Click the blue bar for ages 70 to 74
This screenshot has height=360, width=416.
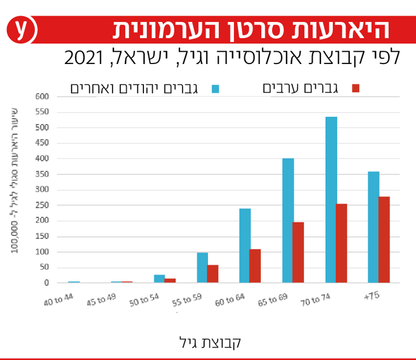pyautogui.click(x=331, y=199)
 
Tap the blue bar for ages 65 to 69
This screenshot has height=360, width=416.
pyautogui.click(x=288, y=220)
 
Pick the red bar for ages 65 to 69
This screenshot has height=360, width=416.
pyautogui.click(x=298, y=252)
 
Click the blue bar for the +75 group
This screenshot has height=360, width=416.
pyautogui.click(x=373, y=227)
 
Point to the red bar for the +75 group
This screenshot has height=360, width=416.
pyautogui.click(x=384, y=239)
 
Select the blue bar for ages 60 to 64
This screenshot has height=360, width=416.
pyautogui.click(x=245, y=245)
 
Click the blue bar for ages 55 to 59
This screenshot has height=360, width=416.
pyautogui.click(x=202, y=267)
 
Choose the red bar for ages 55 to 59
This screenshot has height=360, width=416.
pyautogui.click(x=212, y=274)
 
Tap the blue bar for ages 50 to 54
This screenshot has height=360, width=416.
pyautogui.click(x=159, y=279)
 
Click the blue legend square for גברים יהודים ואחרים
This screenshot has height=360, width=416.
pyautogui.click(x=215, y=88)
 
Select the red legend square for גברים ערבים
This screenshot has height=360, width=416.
pyautogui.click(x=355, y=88)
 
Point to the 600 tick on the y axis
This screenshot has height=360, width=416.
pyautogui.click(x=43, y=97)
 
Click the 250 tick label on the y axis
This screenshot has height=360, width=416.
pyautogui.click(x=43, y=205)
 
